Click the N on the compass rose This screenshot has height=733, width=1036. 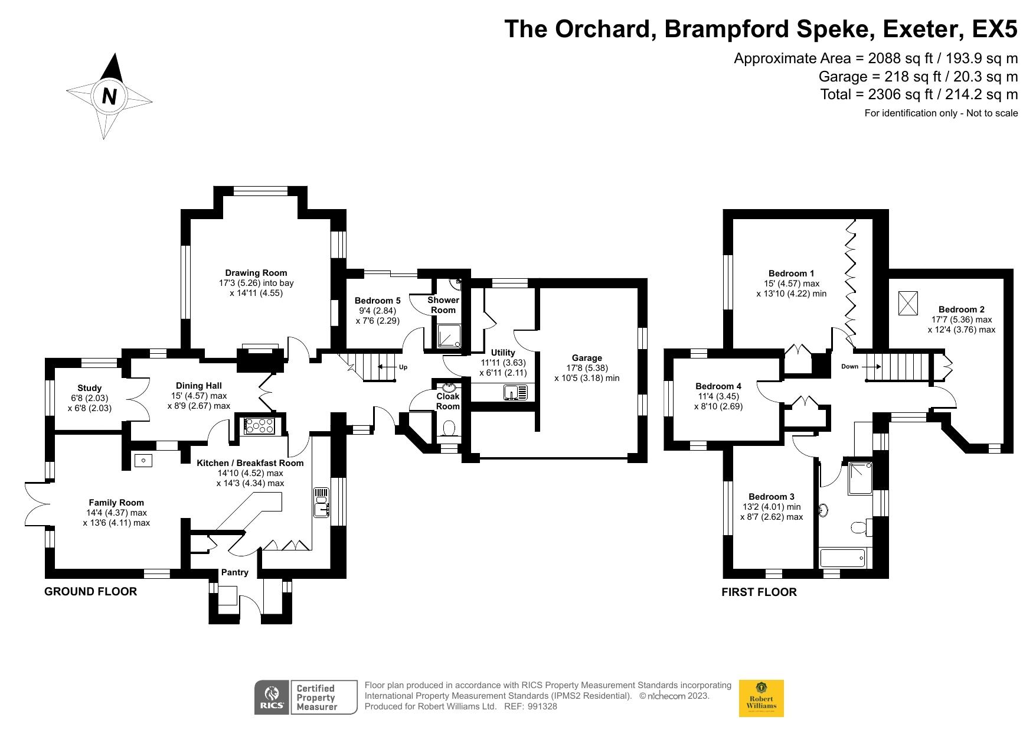point(109,96)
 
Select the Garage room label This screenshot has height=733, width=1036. point(587,357)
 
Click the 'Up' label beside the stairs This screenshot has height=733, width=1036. point(403,367)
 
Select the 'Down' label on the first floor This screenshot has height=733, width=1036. point(849,366)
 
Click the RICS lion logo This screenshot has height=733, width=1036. point(272,698)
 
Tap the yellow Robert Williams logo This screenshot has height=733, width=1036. point(762,698)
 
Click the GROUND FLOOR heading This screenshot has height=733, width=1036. point(91,591)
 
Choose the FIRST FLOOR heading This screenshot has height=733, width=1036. point(759,592)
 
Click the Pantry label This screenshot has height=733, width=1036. point(235,572)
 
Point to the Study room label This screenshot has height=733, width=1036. point(90,388)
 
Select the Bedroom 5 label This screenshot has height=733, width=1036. point(378,301)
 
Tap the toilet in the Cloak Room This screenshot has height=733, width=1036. point(449,428)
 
